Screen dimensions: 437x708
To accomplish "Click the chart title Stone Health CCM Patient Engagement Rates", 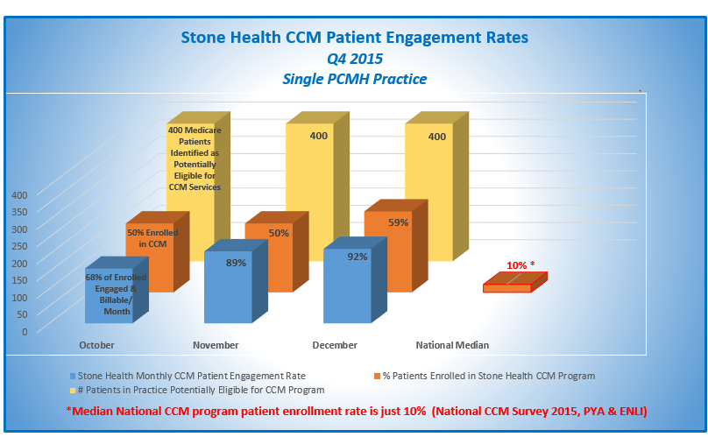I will [x=354, y=38].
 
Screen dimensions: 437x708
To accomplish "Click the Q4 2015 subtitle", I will [x=354, y=59].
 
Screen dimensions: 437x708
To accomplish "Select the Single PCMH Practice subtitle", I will [x=354, y=79].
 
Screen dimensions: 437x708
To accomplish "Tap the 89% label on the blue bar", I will [x=236, y=263].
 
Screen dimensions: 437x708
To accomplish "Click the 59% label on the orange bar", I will [x=398, y=222].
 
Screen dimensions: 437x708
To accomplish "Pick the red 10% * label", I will [x=520, y=265].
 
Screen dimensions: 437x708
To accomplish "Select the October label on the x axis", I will [x=96, y=345].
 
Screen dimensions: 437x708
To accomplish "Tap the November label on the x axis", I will [x=216, y=345].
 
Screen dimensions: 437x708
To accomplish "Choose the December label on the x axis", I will [x=334, y=345].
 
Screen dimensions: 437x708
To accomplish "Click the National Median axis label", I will [x=452, y=345].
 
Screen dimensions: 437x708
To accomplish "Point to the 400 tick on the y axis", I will [x=19, y=194].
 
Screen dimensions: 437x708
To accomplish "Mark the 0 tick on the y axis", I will [x=24, y=331].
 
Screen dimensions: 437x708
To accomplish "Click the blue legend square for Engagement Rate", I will [x=83, y=376].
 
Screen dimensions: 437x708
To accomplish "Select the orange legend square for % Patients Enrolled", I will [x=377, y=376].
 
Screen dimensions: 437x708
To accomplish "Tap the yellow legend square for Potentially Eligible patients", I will [x=83, y=390].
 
